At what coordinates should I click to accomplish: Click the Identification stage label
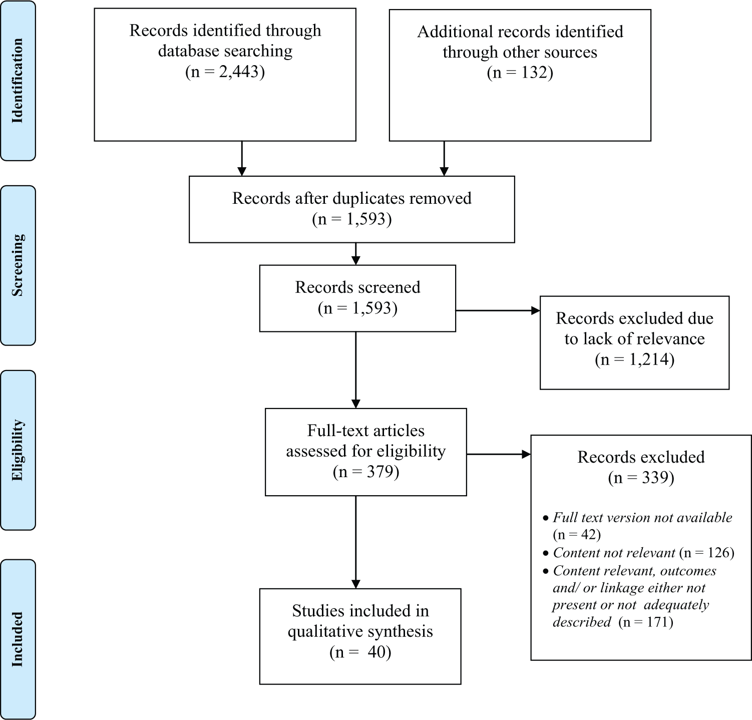coord(18,81)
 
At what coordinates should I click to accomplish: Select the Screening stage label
coord(18,265)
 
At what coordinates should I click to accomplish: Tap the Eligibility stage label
coord(18,450)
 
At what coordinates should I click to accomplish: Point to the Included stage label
coord(18,639)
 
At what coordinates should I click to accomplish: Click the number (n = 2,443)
coord(225,72)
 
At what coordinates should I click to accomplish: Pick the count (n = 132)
coord(520,73)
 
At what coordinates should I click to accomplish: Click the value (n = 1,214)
coord(634,359)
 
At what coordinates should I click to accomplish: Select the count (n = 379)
coord(366,472)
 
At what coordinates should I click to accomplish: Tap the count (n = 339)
coord(641,478)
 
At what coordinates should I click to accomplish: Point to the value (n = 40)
coord(360,652)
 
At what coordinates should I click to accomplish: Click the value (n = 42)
coord(577,534)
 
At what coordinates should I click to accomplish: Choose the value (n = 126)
coord(706,553)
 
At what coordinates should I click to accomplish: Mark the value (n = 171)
coord(646,622)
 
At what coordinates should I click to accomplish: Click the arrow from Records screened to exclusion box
coord(498,310)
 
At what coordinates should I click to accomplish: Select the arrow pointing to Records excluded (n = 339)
coord(499,454)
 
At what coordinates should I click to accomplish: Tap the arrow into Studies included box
coord(355,542)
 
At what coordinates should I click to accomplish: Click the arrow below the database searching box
coord(242,158)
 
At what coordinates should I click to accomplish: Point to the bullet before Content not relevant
coord(546,553)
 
